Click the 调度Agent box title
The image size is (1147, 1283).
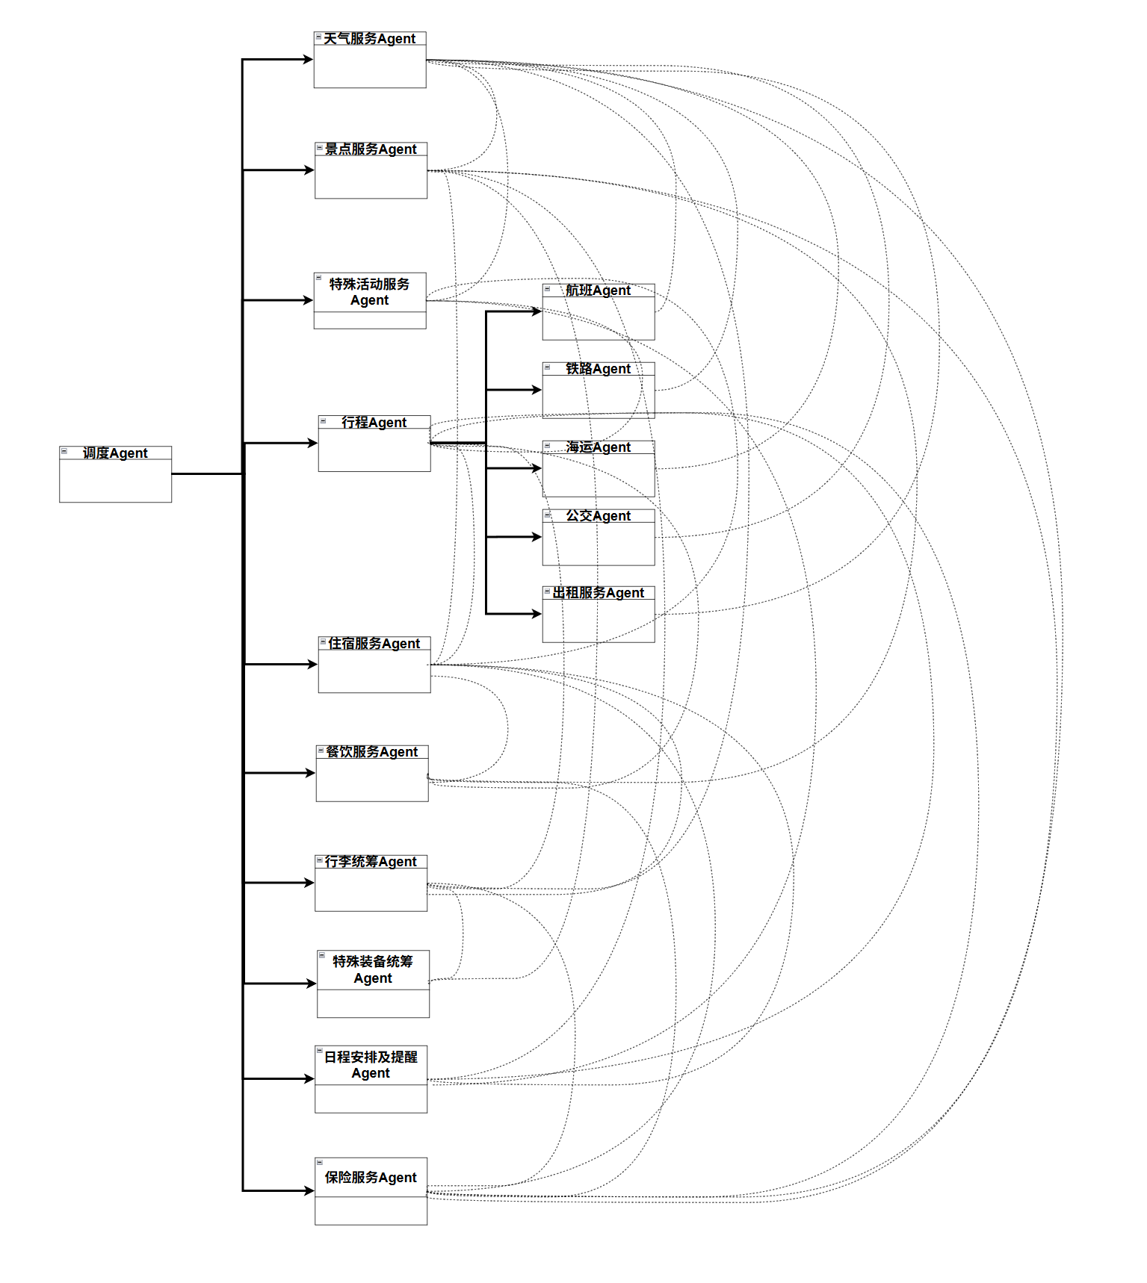click(115, 453)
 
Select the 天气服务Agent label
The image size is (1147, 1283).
click(370, 39)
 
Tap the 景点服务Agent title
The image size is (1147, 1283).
click(371, 149)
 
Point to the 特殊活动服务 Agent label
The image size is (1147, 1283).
click(370, 292)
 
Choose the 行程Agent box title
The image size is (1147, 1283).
click(374, 423)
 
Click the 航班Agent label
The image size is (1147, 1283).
click(599, 291)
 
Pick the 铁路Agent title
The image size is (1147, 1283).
click(599, 369)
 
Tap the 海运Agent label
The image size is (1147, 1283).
click(599, 447)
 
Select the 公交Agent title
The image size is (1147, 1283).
click(599, 516)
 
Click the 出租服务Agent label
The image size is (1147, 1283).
click(599, 593)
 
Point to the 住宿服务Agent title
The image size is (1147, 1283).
click(374, 644)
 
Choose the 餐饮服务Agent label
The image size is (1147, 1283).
click(372, 752)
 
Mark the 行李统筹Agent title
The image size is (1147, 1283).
click(371, 862)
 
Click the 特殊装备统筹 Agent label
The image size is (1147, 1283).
click(373, 969)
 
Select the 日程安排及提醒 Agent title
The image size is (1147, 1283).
click(371, 1065)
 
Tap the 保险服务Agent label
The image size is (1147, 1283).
click(371, 1178)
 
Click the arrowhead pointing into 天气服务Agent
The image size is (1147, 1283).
click(308, 60)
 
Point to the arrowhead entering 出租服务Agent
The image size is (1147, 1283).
click(537, 614)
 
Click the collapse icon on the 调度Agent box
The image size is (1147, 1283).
click(64, 451)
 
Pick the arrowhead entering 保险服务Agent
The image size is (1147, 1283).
click(309, 1190)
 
